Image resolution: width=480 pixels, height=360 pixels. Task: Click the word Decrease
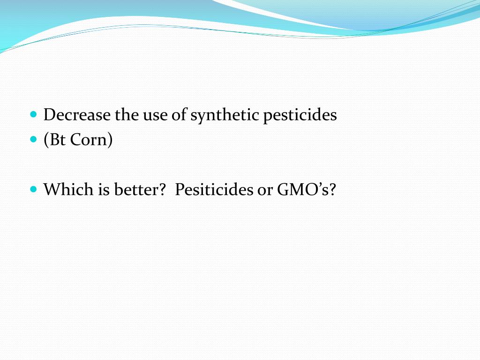[77, 115]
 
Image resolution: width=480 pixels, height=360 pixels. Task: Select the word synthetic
[225, 116]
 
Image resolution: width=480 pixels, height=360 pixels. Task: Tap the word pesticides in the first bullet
[300, 116]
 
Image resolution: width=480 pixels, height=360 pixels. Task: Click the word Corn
[89, 140]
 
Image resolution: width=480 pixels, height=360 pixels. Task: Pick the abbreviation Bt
[58, 140]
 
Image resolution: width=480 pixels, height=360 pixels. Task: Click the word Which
[68, 189]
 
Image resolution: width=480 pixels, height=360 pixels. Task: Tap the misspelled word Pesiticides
[214, 190]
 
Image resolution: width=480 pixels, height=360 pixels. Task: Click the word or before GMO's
[265, 191]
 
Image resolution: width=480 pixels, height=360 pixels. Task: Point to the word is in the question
[104, 189]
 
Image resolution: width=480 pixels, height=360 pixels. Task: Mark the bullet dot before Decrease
[34, 114]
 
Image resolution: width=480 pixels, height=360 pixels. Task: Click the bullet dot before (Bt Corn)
[34, 139]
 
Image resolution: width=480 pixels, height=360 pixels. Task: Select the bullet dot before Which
[34, 189]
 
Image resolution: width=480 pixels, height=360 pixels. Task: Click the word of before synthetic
[180, 115]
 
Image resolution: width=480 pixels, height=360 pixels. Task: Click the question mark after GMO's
[333, 189]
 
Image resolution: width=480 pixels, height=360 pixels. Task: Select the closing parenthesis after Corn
[110, 140]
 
